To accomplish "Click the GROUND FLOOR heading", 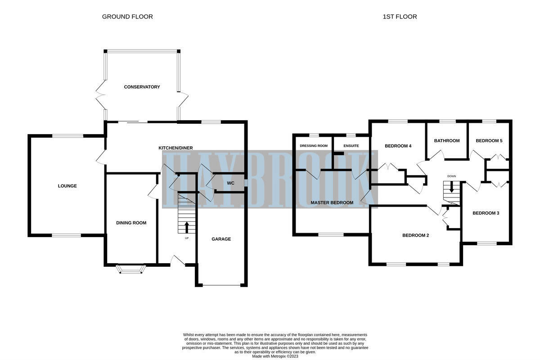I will coord(127,17).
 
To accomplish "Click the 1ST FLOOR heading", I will coord(400,17).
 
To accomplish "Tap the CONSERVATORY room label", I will coord(142,87).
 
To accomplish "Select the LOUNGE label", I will coord(67,186).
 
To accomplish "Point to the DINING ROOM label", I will coord(131,223).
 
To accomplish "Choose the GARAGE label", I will coord(221,239).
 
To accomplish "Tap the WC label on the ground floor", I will coord(230,183).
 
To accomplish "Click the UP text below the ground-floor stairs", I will coord(187,238).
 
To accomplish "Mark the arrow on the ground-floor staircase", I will coord(187,227).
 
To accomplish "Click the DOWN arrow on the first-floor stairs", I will coord(452,187).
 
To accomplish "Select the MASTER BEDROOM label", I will coord(332,202).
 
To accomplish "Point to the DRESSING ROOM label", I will coord(314,146).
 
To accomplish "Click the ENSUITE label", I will coord(351,146).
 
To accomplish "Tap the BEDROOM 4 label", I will coord(398,146).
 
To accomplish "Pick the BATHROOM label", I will coord(447,141).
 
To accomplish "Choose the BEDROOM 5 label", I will coord(489,141).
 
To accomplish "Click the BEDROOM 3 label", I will coord(486,213).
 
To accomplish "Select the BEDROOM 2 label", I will coord(415,235).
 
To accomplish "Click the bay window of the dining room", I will coord(131,269).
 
